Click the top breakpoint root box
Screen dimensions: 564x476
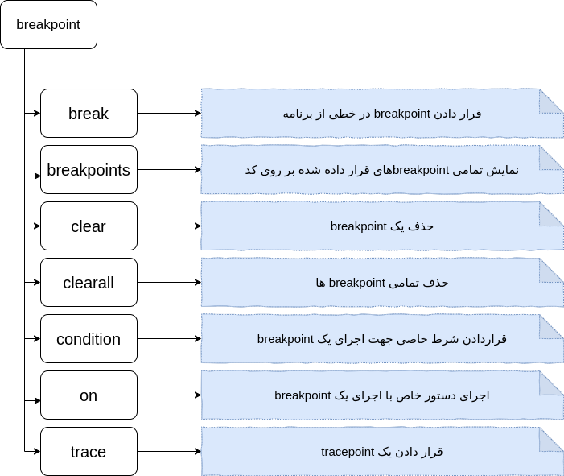[x=48, y=24]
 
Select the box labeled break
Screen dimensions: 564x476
[x=89, y=113]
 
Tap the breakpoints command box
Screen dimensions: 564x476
[x=89, y=170]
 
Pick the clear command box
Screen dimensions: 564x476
[x=89, y=226]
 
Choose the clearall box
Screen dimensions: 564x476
[x=89, y=282]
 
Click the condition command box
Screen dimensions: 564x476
[x=89, y=339]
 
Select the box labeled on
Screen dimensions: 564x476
[x=89, y=395]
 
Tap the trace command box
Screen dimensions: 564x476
[x=89, y=452]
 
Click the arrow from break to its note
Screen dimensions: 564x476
[x=169, y=113]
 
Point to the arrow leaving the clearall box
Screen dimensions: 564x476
[x=169, y=282]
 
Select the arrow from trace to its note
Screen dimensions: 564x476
[x=169, y=452]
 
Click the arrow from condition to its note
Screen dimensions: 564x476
[x=169, y=339]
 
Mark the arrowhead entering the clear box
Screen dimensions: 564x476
[x=37, y=226]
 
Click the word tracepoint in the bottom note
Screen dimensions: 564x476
[x=348, y=452]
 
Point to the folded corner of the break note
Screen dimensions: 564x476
[x=551, y=101]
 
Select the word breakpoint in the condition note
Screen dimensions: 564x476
[x=286, y=339]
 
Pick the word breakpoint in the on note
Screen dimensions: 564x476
[x=303, y=395]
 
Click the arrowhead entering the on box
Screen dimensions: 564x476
[x=37, y=400]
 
